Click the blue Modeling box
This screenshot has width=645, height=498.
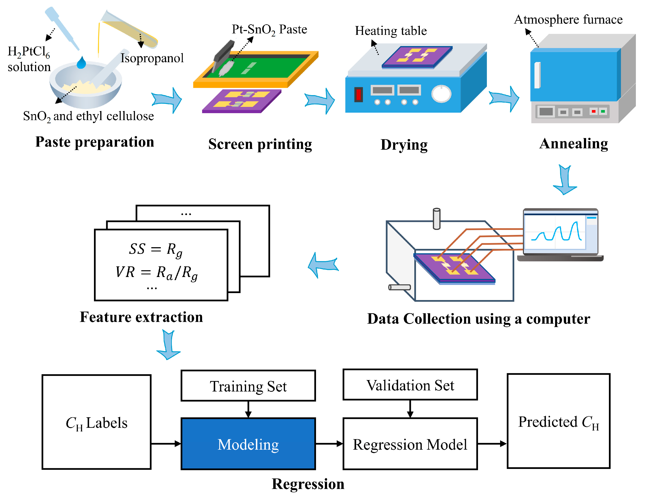click(248, 444)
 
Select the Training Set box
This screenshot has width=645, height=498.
click(248, 386)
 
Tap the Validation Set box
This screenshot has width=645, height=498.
click(410, 385)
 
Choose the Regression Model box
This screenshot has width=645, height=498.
click(410, 444)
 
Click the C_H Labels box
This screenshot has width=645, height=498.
click(96, 422)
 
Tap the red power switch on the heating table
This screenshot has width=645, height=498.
click(358, 95)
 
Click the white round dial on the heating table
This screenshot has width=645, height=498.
click(441, 94)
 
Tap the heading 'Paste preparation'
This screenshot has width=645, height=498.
click(94, 142)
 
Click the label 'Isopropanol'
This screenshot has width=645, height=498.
click(152, 58)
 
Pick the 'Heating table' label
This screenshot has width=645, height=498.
click(391, 31)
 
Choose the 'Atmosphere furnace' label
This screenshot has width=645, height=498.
click(568, 19)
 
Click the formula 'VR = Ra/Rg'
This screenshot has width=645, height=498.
click(156, 272)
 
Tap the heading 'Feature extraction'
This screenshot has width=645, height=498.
click(141, 317)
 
